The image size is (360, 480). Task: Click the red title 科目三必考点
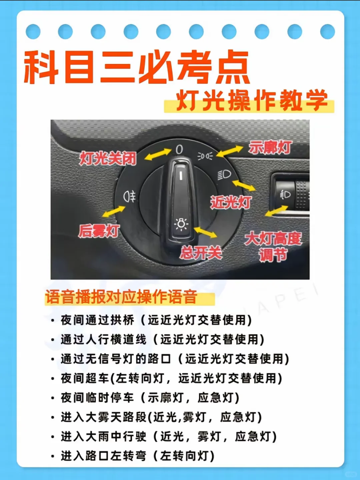(x=136, y=67)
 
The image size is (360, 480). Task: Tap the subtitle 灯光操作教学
(x=251, y=101)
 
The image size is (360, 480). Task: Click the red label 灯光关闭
(x=108, y=158)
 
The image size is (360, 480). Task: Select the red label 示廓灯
(x=270, y=147)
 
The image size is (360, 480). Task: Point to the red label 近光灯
(x=231, y=202)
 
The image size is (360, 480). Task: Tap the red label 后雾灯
(x=99, y=231)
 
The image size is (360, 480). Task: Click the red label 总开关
(x=201, y=253)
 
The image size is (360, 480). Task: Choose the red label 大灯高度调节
(x=273, y=247)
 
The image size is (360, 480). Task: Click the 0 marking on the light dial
(x=179, y=150)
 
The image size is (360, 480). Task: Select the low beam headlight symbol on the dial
(x=224, y=175)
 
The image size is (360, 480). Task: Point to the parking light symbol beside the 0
(x=205, y=156)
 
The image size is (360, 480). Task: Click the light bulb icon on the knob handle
(x=181, y=224)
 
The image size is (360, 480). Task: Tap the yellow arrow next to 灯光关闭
(x=158, y=154)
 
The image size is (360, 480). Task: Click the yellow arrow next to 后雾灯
(x=114, y=211)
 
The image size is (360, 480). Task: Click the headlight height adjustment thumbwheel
(x=302, y=195)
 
